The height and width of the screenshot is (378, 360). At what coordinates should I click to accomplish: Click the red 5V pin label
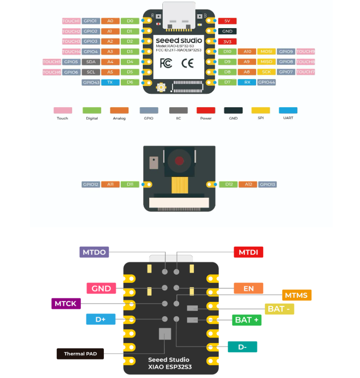[227, 21]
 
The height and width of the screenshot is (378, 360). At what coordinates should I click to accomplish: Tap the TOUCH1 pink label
[71, 21]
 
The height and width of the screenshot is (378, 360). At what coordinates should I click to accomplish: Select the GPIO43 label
[91, 82]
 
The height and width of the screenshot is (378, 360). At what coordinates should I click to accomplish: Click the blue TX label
[110, 82]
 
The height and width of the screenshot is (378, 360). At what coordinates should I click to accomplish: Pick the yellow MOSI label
[266, 51]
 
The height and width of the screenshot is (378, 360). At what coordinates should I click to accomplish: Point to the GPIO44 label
[267, 82]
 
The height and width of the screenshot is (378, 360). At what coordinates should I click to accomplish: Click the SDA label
[91, 62]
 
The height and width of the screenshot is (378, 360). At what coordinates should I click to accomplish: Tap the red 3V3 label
[227, 42]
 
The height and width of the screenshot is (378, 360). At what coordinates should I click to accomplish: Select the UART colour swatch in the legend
[288, 111]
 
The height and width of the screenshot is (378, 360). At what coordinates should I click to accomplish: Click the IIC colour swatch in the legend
[178, 111]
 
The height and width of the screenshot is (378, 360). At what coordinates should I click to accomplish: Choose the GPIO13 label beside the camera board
[267, 185]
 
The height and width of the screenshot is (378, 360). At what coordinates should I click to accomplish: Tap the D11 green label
[130, 185]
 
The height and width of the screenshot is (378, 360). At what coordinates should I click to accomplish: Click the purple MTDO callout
[94, 252]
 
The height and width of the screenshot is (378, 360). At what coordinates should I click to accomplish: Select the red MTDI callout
[248, 252]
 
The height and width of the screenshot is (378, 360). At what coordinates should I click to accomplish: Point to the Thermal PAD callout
[80, 354]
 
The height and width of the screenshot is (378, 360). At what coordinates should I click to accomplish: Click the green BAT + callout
[247, 320]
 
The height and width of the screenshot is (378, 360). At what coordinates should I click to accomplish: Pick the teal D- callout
[242, 346]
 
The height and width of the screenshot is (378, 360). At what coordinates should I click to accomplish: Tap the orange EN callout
[248, 288]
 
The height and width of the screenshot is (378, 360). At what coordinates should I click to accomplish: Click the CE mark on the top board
[187, 63]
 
